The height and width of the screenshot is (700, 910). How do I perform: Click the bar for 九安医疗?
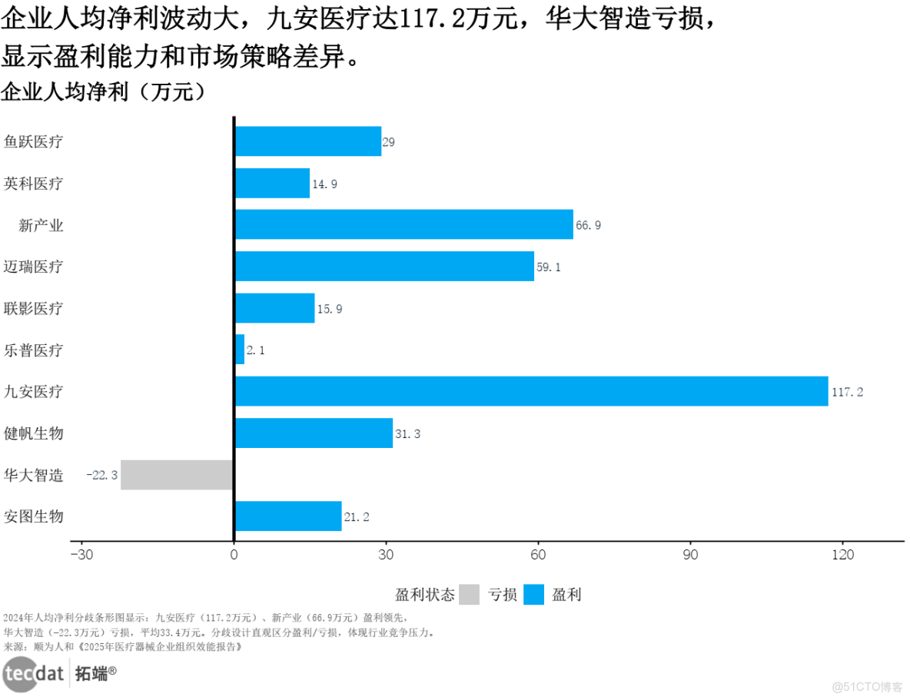[x=531, y=391]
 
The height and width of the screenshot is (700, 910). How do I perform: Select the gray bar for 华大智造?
[x=177, y=475]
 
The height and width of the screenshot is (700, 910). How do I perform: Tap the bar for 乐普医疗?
[x=239, y=350]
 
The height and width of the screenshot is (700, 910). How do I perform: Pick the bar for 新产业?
[x=404, y=224]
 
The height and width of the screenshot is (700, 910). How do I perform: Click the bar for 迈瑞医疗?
[x=384, y=266]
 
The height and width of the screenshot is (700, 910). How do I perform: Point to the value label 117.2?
[x=847, y=392]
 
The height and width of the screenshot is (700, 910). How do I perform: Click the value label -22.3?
[x=101, y=476]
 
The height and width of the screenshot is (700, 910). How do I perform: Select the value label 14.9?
[x=324, y=184]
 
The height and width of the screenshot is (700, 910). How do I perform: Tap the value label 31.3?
[x=407, y=434]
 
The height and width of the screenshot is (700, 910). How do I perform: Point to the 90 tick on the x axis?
[x=691, y=555]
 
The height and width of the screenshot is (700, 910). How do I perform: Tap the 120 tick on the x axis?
[x=843, y=555]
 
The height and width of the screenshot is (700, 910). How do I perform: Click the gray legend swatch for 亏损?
[x=470, y=594]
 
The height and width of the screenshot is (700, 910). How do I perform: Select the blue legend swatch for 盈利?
[x=533, y=594]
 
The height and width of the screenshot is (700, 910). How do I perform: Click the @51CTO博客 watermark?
[x=867, y=686]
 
